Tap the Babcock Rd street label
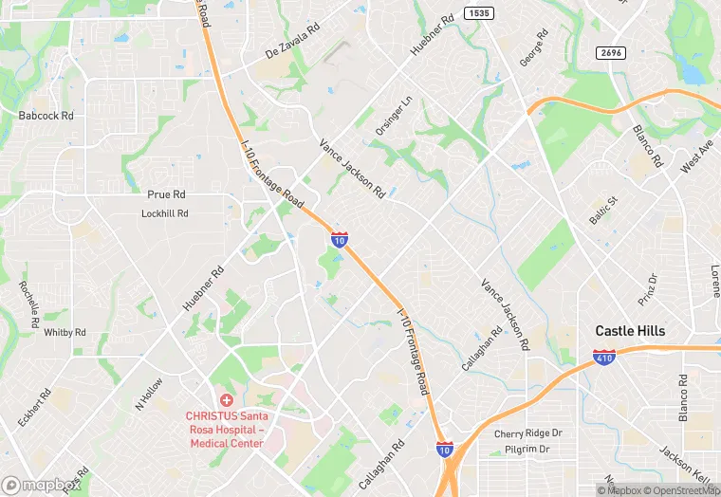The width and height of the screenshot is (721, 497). pos(46,116)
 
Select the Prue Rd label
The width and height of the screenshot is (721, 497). pos(166,194)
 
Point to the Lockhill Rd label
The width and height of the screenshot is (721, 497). pos(165,214)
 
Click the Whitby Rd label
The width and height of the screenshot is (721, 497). pos(65,333)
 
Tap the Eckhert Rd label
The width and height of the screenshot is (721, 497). pos(33,407)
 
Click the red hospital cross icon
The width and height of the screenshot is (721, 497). pos(227,400)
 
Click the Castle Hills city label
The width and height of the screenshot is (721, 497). pos(630,331)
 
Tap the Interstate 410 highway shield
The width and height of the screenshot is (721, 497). pos(604,358)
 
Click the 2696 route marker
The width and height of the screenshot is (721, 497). pos(610,53)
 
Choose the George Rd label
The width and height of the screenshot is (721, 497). pos(534,47)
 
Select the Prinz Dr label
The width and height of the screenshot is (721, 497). pos(647,289)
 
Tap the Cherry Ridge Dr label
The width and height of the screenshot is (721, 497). pos(527,433)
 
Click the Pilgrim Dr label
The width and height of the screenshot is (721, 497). pos(527,449)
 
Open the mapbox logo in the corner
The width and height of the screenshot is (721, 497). pos(42,485)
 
